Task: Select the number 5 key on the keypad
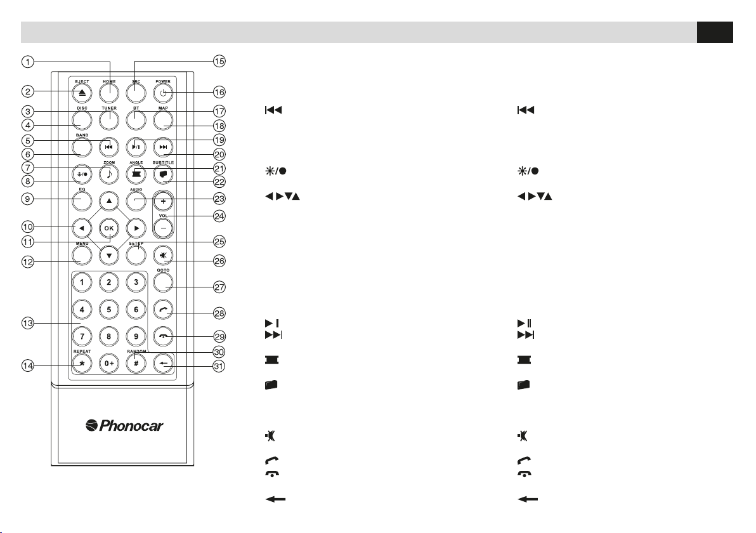109,310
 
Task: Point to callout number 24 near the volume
219,216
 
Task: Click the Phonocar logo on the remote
124,426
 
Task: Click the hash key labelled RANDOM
136,365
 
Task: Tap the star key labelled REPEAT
82,365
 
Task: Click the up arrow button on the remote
110,200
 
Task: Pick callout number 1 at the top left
27,62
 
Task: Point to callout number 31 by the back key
219,365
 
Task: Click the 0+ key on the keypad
109,365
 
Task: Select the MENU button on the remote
82,255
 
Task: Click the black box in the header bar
714,32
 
